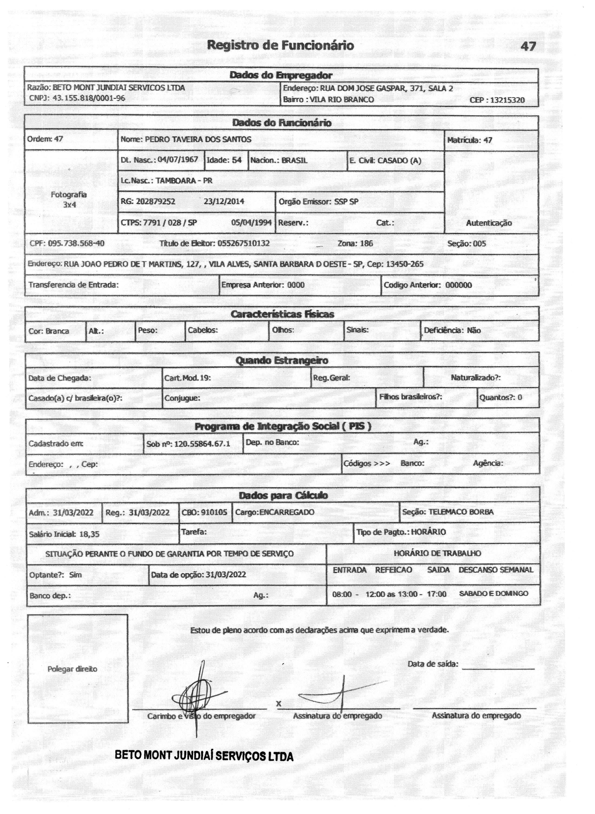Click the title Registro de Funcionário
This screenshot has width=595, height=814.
[x=281, y=45]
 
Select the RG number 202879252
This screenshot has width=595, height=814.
[x=156, y=201]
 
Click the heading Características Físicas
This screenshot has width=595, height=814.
[x=282, y=314]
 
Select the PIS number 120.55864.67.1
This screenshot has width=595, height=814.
[x=202, y=444]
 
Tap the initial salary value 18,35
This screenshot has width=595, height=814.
[x=89, y=534]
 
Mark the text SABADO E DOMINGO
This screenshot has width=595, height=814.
[x=493, y=594]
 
